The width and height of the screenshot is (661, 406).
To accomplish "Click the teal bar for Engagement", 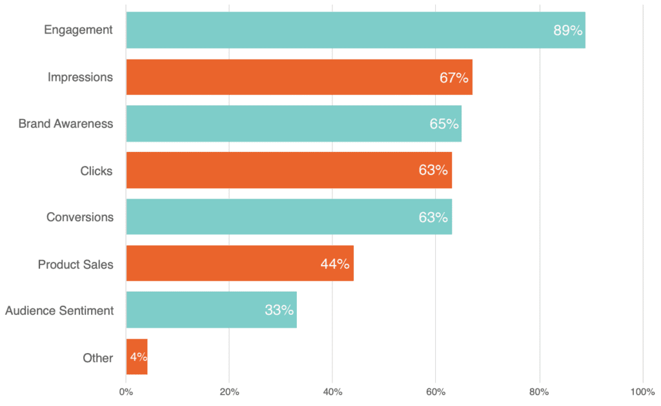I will tap(355, 30).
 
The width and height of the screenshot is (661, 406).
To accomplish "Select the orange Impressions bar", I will tap(299, 77).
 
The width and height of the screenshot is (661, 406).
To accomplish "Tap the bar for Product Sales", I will tap(239, 263).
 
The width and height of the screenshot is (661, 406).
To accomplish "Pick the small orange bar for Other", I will tap(137, 357).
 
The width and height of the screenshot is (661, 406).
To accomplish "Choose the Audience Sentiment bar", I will tap(211, 310).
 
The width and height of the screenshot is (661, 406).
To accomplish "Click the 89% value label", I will tap(567, 30).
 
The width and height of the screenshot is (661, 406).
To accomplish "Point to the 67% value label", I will tap(454, 78).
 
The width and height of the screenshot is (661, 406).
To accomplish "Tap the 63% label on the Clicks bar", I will tap(432, 170).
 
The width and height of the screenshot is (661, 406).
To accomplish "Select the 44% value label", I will tap(334, 264).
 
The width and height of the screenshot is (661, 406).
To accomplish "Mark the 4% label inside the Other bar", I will tap(138, 358).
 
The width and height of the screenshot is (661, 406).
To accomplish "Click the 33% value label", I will tap(279, 310).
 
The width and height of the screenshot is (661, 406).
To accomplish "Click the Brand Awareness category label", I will tap(65, 123).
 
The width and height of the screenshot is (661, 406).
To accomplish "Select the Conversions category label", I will tap(79, 217).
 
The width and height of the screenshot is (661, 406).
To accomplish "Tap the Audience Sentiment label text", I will tap(59, 310).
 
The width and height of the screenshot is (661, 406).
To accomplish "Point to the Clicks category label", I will tap(96, 171).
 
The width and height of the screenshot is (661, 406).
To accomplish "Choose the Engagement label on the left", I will tap(78, 30).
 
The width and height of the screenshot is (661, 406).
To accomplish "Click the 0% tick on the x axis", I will tap(126, 392).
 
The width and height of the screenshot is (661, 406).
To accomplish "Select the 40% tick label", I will tap(332, 392).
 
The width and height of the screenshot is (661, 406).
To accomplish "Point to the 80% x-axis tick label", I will tap(539, 392).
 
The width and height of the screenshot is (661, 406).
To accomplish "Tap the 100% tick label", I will tap(642, 392).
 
